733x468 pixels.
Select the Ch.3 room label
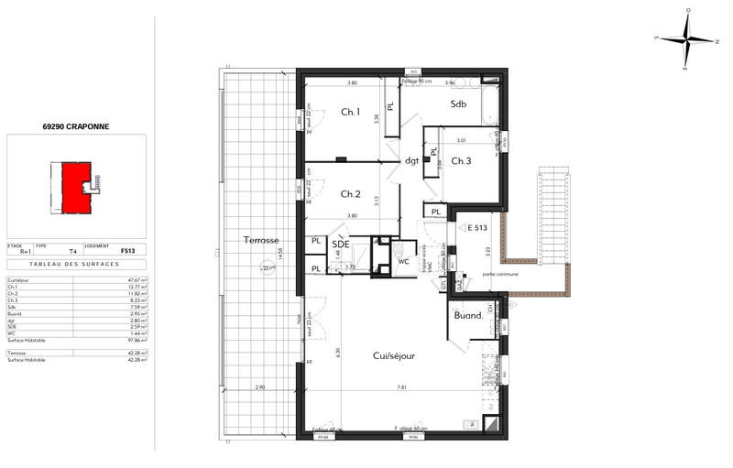[460, 161]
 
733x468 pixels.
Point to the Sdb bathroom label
[458, 104]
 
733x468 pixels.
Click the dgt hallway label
[412, 161]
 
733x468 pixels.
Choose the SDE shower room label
[340, 245]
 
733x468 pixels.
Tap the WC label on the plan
[403, 261]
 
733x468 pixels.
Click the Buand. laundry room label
[468, 316]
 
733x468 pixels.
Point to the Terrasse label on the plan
[260, 240]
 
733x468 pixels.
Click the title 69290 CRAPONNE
[75, 127]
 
